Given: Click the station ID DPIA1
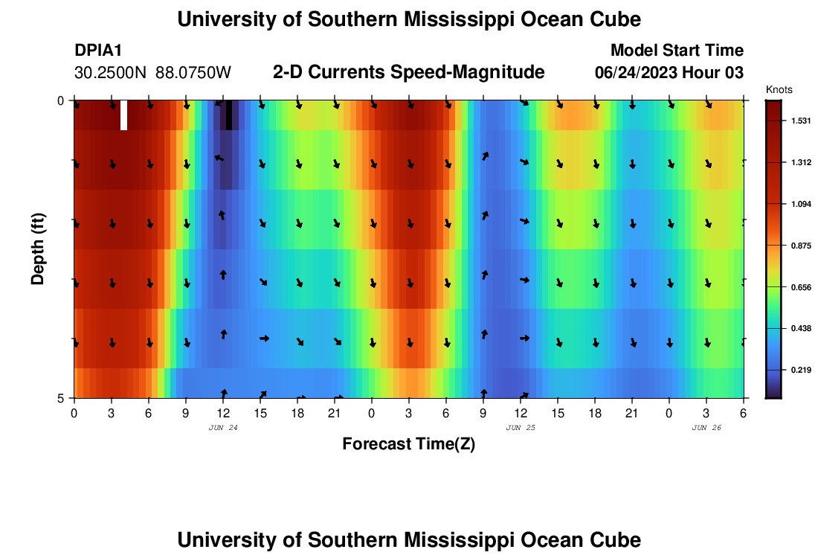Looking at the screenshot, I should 99,51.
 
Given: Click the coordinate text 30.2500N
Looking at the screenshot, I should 111,73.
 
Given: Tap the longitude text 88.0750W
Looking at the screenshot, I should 193,73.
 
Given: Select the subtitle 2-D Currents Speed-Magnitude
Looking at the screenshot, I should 408,72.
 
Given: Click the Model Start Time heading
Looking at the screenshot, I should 676,51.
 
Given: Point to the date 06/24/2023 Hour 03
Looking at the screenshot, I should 669,73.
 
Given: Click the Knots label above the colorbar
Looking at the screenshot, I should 779,89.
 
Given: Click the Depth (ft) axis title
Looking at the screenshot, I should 38,248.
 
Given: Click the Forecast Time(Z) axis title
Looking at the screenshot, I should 408,444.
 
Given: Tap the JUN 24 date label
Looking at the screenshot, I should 223,428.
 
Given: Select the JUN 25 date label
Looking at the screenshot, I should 521,428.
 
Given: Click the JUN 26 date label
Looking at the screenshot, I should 706,428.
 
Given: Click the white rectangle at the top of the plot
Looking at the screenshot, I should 123,115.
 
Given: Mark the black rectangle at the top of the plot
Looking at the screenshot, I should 229,115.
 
